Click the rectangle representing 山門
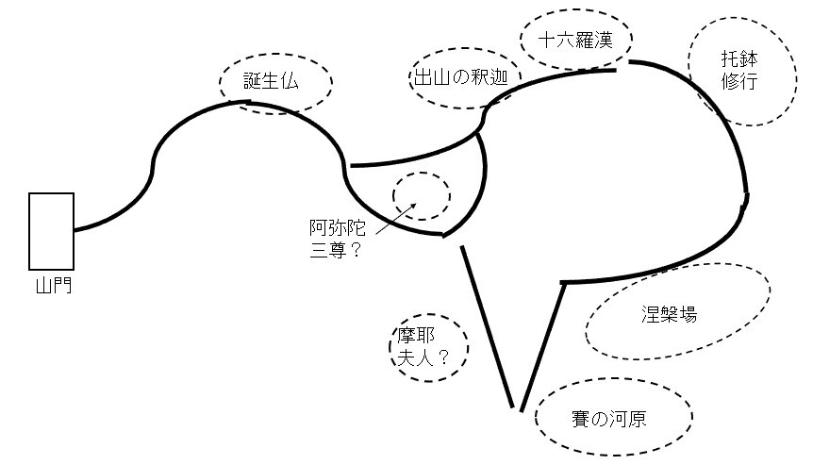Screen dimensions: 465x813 [x=51, y=230]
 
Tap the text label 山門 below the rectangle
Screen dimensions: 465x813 [x=51, y=282]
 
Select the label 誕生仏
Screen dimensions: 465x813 [x=271, y=81]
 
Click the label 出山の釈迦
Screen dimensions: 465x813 [x=460, y=79]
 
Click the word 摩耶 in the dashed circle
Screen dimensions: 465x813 [x=418, y=335]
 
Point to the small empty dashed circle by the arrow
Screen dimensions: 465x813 [x=422, y=195]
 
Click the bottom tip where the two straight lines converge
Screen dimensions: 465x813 [x=517, y=408]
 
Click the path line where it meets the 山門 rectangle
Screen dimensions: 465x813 [x=75, y=229]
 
